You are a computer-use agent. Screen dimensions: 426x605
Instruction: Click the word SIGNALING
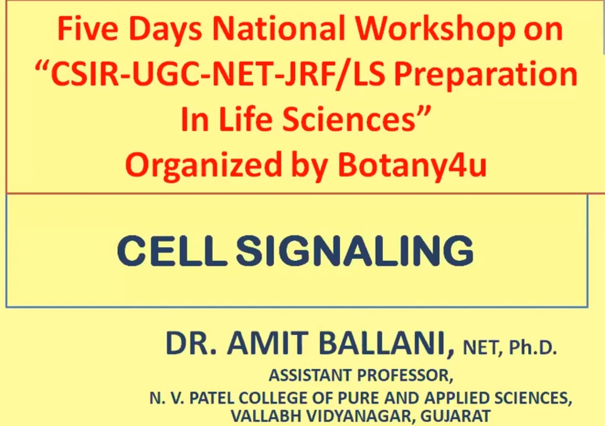click(x=355, y=252)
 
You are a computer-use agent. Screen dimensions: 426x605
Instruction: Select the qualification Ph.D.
click(x=532, y=349)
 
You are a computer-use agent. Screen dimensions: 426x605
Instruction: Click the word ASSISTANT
click(x=312, y=376)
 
